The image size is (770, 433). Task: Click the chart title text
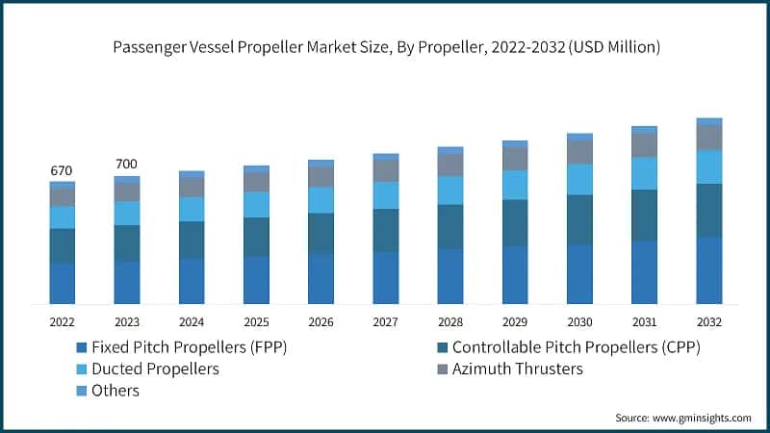(384, 46)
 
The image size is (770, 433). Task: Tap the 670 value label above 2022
(62, 170)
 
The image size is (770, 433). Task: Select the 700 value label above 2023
(126, 165)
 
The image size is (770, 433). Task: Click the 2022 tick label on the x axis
(62, 322)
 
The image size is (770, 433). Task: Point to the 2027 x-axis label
(385, 322)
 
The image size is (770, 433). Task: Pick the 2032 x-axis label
(708, 322)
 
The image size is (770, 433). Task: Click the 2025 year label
(256, 322)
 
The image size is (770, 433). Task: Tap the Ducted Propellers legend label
(155, 369)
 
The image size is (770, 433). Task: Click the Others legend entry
(115, 391)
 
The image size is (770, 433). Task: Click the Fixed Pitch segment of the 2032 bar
(709, 270)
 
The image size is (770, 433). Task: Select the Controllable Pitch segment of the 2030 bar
(579, 219)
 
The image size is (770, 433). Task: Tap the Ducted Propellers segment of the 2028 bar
(450, 191)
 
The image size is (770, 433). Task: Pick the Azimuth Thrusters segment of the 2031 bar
(644, 144)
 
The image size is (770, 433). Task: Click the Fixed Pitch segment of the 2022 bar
(63, 283)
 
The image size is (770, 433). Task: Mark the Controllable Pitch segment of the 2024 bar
(192, 240)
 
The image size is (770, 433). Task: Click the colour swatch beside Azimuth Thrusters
(441, 369)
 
